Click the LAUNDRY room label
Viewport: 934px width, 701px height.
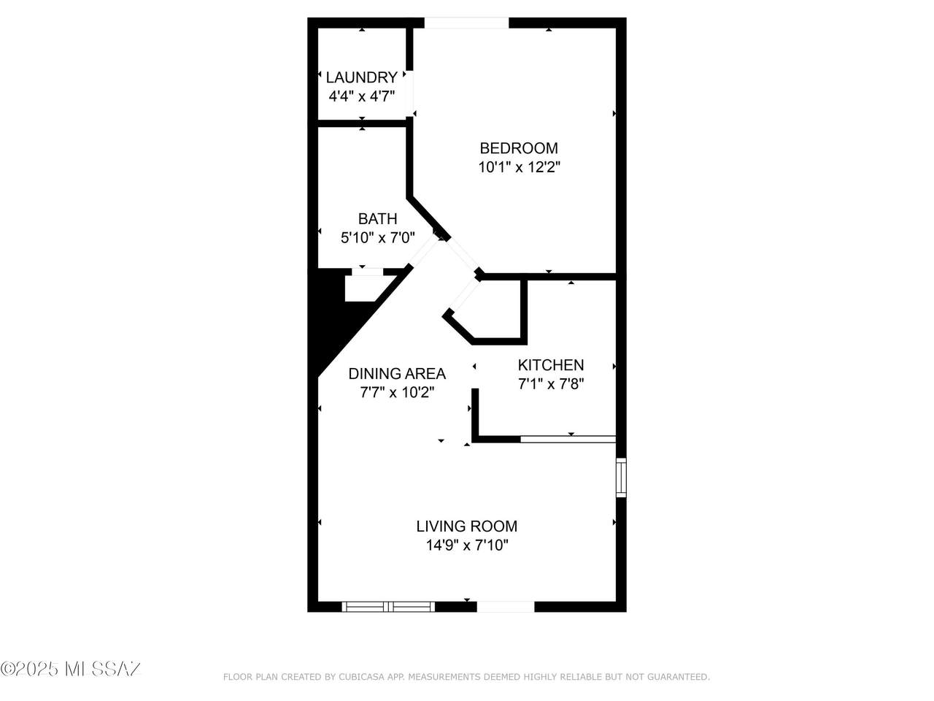pos(361,77)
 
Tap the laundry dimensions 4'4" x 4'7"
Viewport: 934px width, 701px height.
pos(361,96)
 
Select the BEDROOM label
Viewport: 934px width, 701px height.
pos(518,148)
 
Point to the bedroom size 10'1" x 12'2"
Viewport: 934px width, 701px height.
pos(518,167)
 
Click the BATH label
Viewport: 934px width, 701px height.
pos(377,219)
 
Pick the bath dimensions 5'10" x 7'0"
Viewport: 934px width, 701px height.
pos(377,237)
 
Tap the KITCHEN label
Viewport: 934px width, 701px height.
pos(550,365)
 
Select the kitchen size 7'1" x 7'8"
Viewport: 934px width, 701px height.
pos(550,383)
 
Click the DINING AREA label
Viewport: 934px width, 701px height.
pos(396,374)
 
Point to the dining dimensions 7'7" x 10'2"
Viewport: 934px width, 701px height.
pos(396,392)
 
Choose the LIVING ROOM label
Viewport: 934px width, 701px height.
pos(466,526)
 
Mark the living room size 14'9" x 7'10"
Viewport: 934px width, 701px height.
pos(466,545)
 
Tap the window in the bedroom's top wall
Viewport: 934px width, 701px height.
pos(466,23)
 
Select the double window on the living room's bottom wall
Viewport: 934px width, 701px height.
pos(388,606)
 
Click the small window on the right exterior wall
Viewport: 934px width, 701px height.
pos(621,477)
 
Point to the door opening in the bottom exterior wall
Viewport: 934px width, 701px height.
pos(506,606)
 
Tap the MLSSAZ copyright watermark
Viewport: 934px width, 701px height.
pos(71,668)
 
